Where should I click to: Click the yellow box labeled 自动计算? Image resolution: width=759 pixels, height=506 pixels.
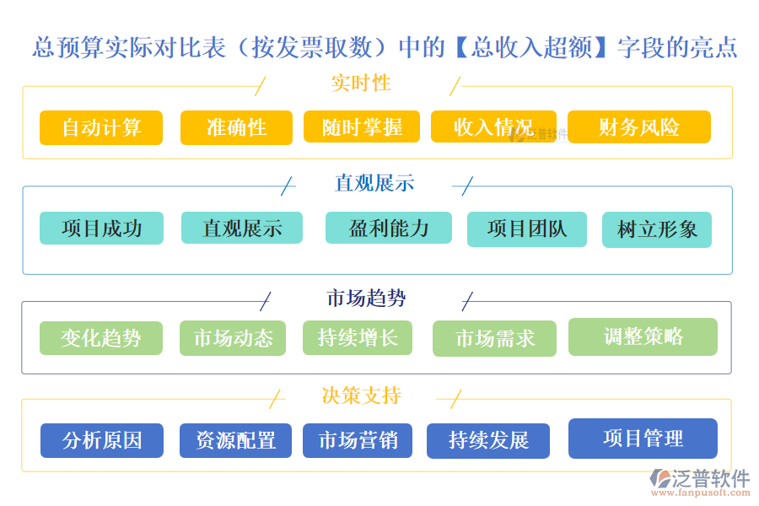point(101,127)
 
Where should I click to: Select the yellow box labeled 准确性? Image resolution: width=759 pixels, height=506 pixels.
point(236,127)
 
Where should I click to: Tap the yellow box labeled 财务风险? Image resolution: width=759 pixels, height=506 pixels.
point(638,127)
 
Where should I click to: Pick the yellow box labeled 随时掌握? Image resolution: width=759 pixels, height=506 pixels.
point(362,127)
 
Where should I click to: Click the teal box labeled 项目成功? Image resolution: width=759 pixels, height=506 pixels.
point(101,228)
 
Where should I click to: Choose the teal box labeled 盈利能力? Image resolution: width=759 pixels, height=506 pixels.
point(388,228)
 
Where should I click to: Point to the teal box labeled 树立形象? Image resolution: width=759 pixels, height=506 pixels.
point(656,229)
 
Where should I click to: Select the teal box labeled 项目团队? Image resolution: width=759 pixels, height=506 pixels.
point(527,229)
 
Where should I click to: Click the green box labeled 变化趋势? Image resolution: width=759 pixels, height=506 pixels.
point(100,338)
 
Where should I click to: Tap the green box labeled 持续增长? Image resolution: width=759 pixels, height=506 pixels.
point(358,337)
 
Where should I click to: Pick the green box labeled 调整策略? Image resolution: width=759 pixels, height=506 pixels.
point(643,336)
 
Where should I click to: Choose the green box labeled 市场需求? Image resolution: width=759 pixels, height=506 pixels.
point(494,338)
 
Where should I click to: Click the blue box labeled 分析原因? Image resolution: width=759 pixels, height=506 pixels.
point(101,440)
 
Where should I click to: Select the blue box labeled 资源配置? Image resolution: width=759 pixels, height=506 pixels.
point(235,440)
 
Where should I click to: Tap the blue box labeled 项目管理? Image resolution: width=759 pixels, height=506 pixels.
point(643,439)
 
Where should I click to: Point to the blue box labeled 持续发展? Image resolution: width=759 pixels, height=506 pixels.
point(487,440)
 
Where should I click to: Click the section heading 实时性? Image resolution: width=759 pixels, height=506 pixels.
point(361,83)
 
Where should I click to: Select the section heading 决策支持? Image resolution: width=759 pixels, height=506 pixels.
point(361,396)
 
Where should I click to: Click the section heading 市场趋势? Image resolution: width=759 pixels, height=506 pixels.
point(366,298)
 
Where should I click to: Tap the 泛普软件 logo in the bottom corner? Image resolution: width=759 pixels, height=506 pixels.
point(700,483)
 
